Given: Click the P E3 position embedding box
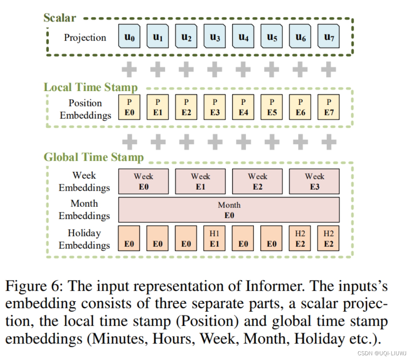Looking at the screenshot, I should click(x=214, y=107).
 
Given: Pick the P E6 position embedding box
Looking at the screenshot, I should click(x=300, y=107).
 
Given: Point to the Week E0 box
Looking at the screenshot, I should click(x=144, y=181).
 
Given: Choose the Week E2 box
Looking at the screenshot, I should click(x=257, y=181).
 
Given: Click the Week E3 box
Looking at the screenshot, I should click(x=314, y=181).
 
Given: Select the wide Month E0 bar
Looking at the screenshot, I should click(x=229, y=210).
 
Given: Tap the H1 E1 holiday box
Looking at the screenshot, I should click(x=214, y=238).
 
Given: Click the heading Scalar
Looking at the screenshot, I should click(x=60, y=18).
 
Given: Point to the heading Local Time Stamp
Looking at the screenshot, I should click(x=90, y=87).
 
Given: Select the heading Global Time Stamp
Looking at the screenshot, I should click(x=93, y=157).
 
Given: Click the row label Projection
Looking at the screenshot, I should click(x=85, y=38).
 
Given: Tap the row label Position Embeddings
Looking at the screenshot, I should click(x=85, y=109).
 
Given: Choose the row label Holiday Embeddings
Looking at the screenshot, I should click(x=84, y=239).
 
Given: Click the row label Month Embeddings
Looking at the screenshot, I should click(x=84, y=210).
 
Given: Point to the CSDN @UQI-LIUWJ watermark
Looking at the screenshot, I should click(x=382, y=353).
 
